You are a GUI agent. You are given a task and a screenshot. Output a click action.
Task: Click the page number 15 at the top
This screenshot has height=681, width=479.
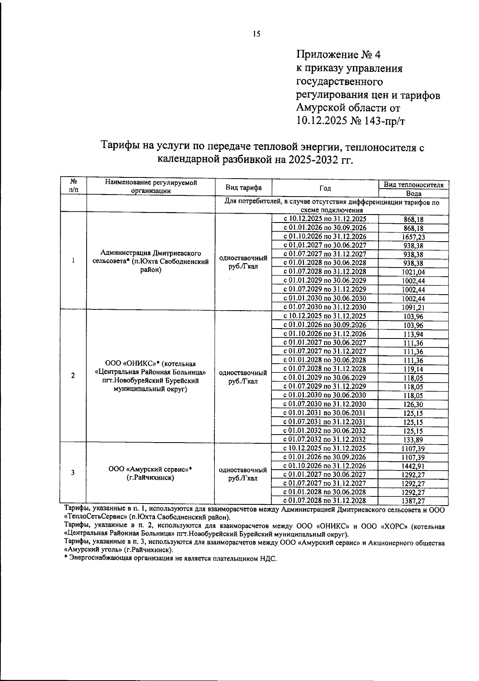[x=256, y=34]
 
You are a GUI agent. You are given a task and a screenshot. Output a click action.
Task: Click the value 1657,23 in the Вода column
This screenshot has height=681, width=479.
[x=413, y=237]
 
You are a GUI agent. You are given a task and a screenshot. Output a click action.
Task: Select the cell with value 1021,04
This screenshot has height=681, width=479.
[x=413, y=272]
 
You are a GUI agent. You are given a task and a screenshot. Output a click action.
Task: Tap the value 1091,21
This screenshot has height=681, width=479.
[x=413, y=307]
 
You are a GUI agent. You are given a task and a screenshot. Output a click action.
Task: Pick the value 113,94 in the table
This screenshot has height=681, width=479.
[x=413, y=334]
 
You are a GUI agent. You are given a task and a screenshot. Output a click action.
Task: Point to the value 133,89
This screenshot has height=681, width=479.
[x=413, y=440]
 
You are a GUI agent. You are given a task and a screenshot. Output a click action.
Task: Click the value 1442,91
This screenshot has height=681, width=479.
[x=413, y=466]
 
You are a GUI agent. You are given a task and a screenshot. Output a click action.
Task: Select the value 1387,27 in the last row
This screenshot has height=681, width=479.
[x=413, y=501]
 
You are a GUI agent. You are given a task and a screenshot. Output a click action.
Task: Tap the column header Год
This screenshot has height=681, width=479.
[x=325, y=189]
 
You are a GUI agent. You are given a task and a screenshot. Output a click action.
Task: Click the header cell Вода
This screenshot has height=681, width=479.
[x=413, y=193]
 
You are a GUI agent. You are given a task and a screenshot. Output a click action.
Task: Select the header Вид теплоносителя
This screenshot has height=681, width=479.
[x=413, y=185]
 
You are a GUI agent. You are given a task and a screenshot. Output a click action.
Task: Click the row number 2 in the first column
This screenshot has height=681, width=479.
[x=73, y=376]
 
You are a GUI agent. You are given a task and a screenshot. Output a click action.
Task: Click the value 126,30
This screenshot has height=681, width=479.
[x=413, y=405]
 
